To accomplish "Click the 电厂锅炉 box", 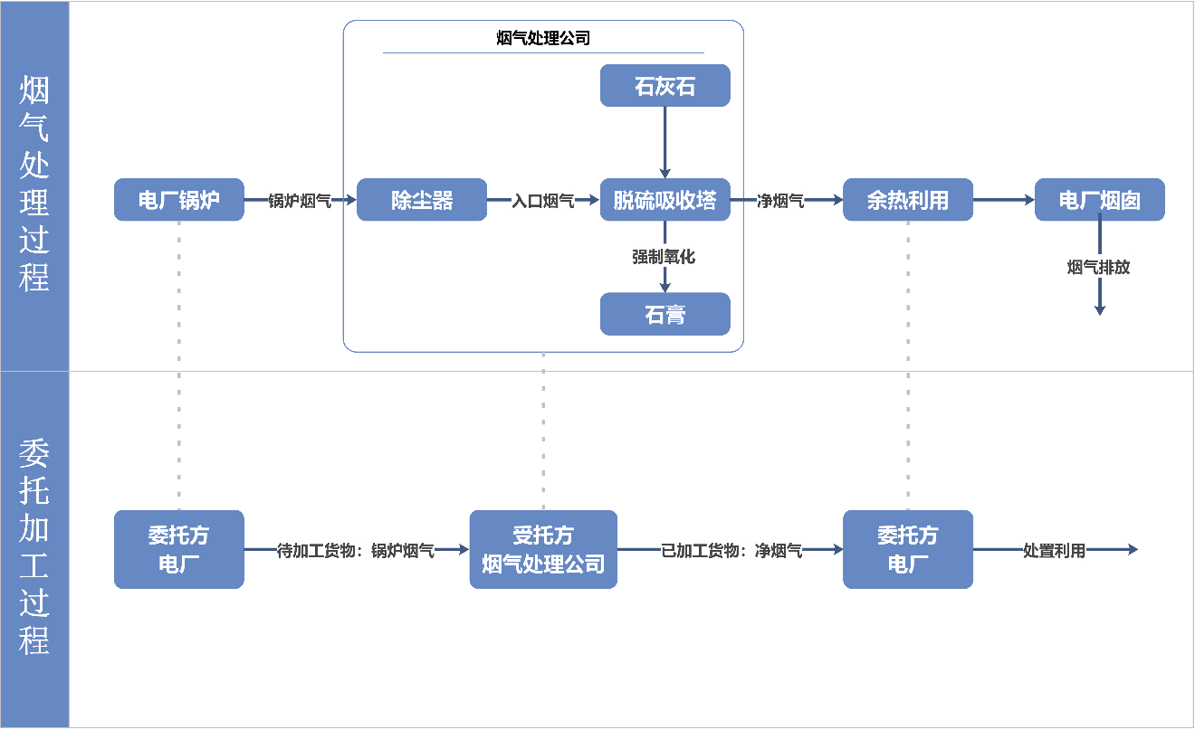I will click(178, 200).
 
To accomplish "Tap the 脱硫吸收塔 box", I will click(664, 200).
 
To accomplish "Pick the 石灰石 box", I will click(664, 86).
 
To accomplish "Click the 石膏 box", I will click(664, 314).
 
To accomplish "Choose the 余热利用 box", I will click(907, 200).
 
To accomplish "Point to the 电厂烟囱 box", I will click(1099, 200).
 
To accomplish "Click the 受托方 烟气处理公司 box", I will click(542, 549).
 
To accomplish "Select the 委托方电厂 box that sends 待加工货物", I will click(178, 549).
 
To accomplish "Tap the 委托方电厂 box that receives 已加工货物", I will click(907, 549).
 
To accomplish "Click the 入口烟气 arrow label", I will click(543, 201).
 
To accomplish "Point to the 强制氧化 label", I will click(664, 256).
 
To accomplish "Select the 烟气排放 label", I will click(1098, 267).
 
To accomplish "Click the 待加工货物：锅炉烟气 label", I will click(356, 550).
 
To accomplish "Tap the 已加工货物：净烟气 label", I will click(731, 550).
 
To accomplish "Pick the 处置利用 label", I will click(1054, 550).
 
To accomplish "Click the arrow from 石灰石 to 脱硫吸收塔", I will click(664, 140).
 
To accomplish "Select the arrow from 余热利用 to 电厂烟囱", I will click(1003, 200).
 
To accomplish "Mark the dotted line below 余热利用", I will click(907, 362).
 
